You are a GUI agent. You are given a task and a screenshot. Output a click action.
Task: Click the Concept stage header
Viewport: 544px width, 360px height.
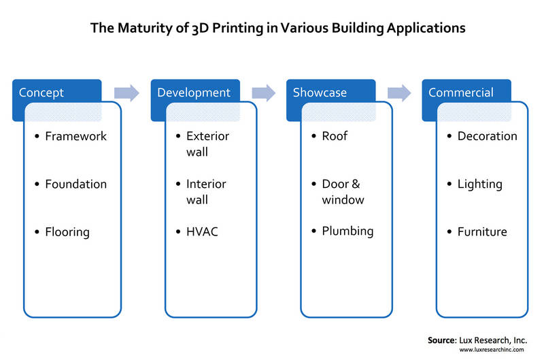[42, 93]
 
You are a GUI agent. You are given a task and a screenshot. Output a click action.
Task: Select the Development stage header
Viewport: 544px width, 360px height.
[194, 93]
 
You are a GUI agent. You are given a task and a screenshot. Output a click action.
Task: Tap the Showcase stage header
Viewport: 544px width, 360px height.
[320, 93]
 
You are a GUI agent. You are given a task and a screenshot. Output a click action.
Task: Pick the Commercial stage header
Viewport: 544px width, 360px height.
[461, 93]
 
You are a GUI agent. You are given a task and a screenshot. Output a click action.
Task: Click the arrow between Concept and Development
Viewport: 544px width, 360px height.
[126, 93]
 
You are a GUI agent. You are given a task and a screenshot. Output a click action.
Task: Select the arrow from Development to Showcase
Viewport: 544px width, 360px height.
[263, 93]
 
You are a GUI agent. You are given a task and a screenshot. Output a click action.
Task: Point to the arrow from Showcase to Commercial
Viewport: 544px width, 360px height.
[399, 93]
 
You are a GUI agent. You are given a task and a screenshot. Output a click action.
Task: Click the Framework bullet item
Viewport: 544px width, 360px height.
[75, 136]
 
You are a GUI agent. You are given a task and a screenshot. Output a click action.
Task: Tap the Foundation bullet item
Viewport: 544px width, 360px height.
[75, 184]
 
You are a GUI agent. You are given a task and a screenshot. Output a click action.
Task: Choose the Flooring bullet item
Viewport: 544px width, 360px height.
[67, 232]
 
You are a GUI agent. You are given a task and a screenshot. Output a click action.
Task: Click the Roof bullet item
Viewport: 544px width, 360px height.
[335, 136]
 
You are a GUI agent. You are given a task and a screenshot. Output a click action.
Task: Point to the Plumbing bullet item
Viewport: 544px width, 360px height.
[347, 231]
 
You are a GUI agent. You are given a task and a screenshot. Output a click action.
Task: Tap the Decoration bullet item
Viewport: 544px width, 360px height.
[487, 136]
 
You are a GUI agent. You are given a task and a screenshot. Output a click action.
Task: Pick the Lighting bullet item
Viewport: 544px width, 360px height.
[479, 184]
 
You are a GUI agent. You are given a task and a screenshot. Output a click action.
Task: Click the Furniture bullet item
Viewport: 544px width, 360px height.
[482, 232]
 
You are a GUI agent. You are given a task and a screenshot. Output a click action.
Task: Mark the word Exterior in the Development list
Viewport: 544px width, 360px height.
[207, 136]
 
